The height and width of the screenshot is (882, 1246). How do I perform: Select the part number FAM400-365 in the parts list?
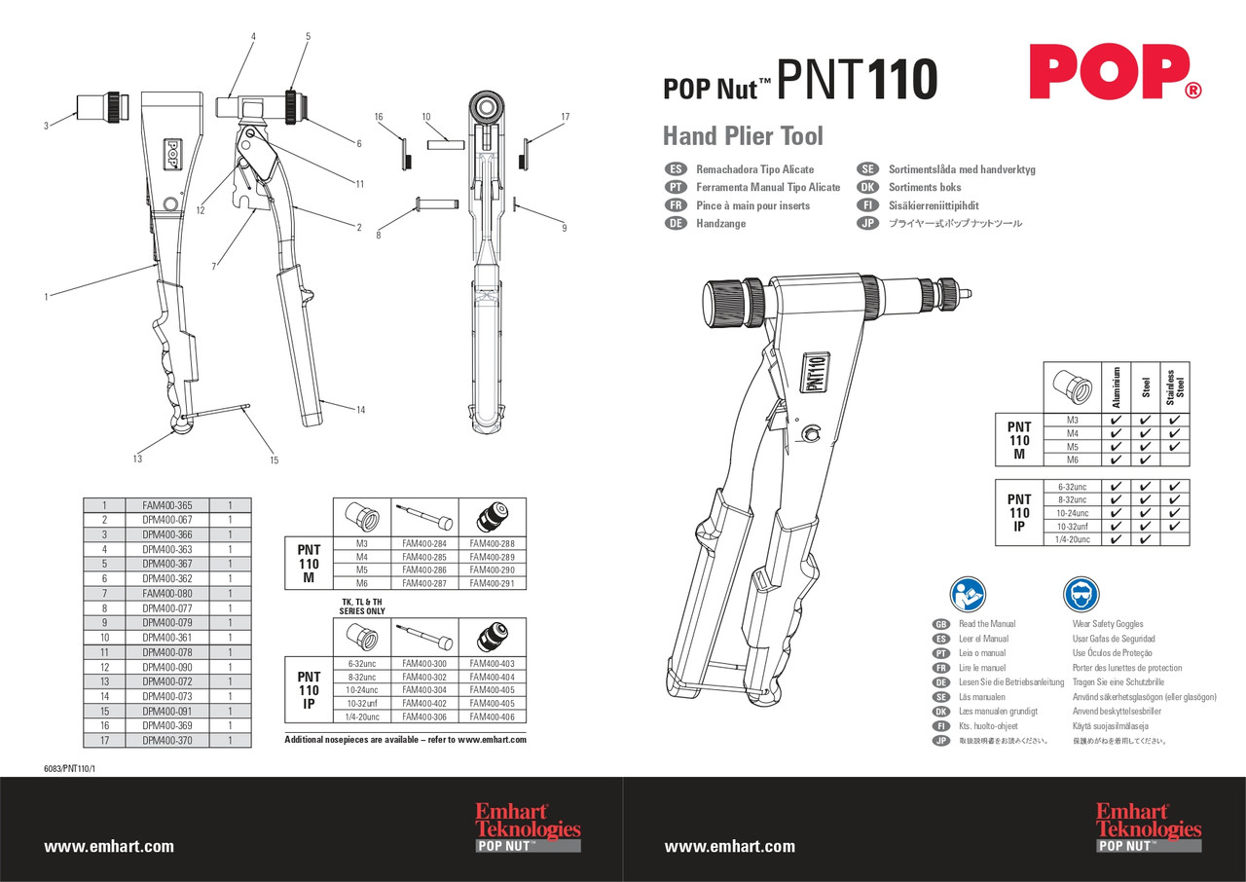click(166, 505)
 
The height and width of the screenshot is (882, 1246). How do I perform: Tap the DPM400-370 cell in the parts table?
click(166, 740)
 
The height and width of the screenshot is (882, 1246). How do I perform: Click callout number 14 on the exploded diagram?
click(360, 410)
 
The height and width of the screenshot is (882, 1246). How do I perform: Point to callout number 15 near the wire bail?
click(274, 459)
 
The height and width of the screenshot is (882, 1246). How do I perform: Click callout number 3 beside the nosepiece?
click(46, 126)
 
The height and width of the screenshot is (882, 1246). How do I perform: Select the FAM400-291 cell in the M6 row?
click(492, 582)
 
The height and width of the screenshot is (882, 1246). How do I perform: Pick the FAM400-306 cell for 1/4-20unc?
click(423, 716)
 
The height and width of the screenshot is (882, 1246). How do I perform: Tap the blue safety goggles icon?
click(1081, 594)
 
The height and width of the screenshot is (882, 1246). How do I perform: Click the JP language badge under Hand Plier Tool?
click(867, 223)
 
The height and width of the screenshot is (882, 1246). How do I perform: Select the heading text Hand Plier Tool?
click(743, 135)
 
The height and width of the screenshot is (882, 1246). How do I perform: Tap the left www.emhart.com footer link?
click(109, 846)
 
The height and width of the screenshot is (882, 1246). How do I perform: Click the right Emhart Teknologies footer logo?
click(1148, 828)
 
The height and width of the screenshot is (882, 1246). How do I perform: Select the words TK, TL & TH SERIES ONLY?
click(361, 606)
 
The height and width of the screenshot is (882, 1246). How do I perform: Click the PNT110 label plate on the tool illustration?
click(814, 374)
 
